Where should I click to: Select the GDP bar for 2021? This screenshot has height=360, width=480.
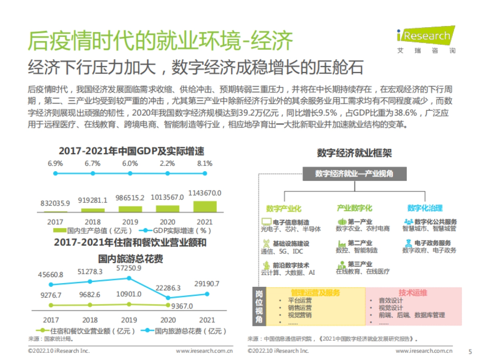coord(205,206)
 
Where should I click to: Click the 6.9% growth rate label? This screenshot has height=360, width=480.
coord(55,164)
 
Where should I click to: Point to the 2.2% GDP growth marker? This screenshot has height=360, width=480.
coord(167,173)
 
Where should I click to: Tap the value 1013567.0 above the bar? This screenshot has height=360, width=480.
coord(167,197)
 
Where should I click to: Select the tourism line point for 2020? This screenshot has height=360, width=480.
coord(168,298)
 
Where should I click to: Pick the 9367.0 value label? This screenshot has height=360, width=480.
coord(182,306)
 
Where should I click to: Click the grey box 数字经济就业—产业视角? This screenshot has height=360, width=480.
coord(354,174)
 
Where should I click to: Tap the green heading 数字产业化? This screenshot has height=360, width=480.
coord(284,208)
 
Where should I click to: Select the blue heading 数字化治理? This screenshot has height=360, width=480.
coord(425,208)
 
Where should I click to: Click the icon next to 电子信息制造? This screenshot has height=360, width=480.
coord(266,221)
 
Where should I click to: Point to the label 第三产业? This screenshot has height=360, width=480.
coord(360,264)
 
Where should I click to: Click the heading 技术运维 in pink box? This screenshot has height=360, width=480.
coord(413,293)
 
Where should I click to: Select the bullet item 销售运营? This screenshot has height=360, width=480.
coord(300,308)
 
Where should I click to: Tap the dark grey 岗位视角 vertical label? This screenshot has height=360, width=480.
coord(259,306)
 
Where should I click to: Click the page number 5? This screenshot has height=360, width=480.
coord(470,351)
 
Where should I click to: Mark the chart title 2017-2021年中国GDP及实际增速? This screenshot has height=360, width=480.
coord(132,151)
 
